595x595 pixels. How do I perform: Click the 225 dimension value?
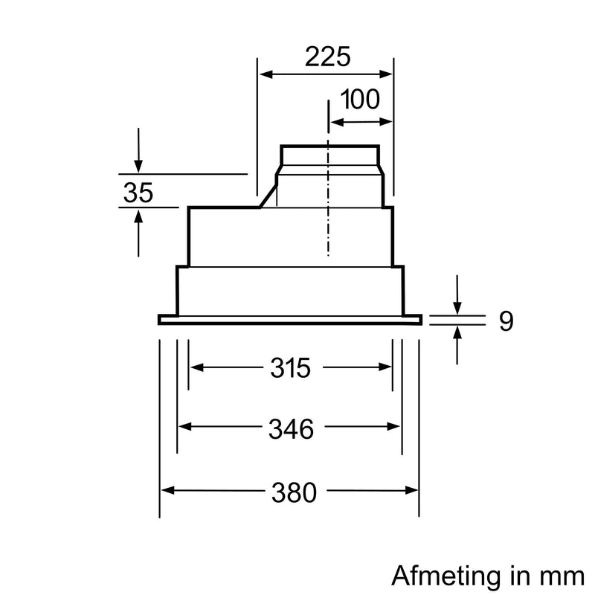[327, 57]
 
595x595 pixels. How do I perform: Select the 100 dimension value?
[360, 100]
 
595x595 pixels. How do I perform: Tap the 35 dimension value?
[138, 193]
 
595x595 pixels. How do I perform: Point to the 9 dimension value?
[506, 321]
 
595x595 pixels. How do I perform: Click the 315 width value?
[289, 367]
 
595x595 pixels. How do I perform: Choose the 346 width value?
[289, 428]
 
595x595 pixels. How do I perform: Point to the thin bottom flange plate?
[290, 320]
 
